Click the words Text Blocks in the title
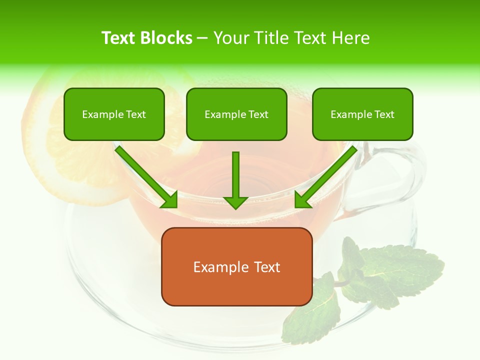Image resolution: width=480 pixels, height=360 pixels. tap(147, 38)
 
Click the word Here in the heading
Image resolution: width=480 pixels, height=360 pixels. tap(352, 38)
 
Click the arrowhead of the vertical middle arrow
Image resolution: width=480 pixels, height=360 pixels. tap(235, 202)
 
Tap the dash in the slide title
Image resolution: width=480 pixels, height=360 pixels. tap(202, 38)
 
